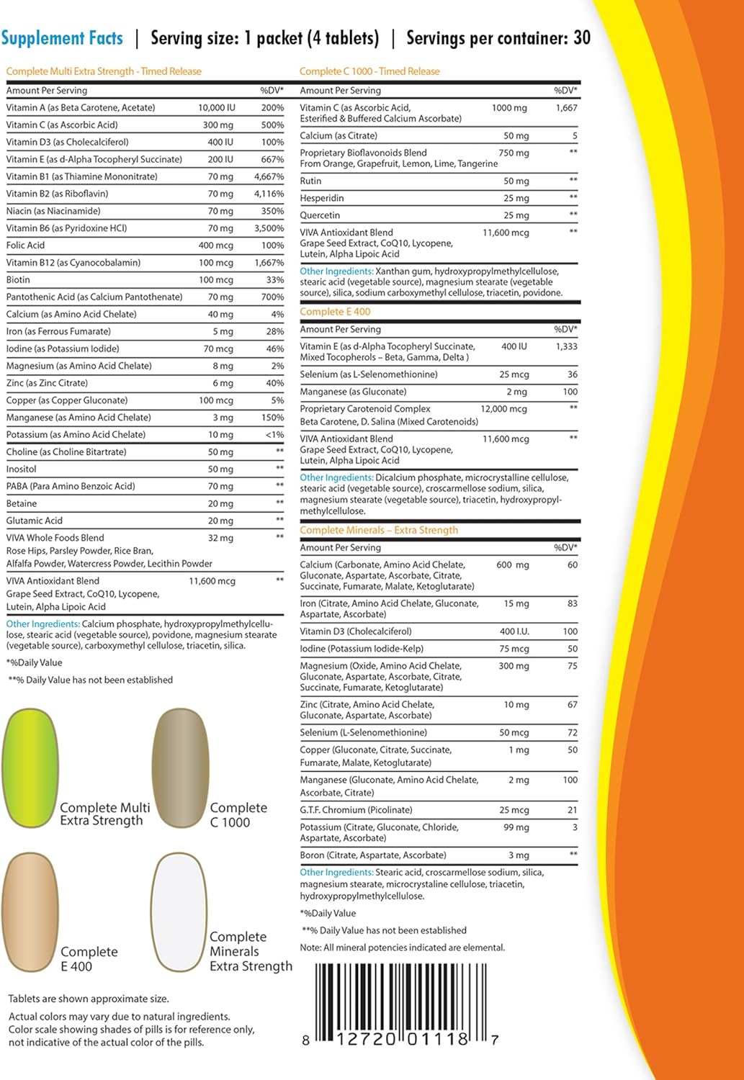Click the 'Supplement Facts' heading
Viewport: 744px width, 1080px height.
pos(62,38)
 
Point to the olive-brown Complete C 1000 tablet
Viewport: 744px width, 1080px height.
pos(180,768)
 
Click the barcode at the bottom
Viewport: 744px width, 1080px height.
pos(400,1004)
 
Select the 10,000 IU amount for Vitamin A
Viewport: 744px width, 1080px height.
pos(217,108)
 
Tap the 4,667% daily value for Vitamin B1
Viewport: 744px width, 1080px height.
pos(269,176)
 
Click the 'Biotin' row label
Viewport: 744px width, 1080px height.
pos(19,280)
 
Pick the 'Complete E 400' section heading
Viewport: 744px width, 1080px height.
pos(335,312)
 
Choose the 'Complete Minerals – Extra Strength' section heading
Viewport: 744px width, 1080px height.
pos(379,530)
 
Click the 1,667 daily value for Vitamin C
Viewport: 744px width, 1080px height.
pos(566,108)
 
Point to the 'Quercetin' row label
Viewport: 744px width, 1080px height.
pos(320,215)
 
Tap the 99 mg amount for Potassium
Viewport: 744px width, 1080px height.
pos(516,827)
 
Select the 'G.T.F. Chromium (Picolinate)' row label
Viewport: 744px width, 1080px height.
pos(356,810)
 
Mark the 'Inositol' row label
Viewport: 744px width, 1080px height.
pos(22,469)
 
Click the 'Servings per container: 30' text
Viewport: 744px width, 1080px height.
pos(498,38)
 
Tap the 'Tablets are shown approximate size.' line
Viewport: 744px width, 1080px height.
pos(89,999)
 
